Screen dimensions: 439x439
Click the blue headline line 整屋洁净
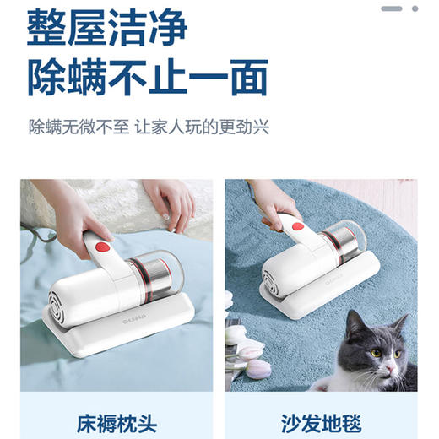tap(107, 30)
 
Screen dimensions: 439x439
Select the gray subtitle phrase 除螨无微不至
tap(78, 128)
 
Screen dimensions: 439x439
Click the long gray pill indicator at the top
tap(391, 8)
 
